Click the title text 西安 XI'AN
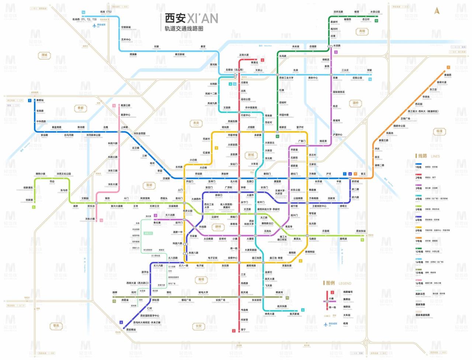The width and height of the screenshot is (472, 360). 191,18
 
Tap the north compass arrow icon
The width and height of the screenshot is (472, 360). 437,11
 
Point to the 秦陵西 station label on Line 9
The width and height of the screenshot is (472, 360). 447,75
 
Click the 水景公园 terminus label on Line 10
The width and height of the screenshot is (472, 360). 375,12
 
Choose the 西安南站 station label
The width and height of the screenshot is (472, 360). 131,330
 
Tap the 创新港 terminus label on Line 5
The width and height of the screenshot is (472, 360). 29,200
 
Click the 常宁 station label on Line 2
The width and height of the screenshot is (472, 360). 243,330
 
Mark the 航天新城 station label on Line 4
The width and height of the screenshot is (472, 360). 294,314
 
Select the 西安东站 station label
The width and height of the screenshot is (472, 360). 361,231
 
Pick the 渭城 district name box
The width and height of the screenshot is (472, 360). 45,55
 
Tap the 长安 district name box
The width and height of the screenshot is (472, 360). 199,326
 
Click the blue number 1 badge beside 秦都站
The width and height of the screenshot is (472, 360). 30,100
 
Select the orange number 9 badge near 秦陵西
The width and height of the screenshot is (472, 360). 448,67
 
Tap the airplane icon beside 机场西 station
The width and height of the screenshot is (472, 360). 94,25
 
